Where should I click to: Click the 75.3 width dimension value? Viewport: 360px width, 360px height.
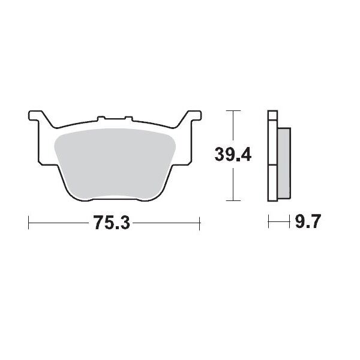pos(112,224)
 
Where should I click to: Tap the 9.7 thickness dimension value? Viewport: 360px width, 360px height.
pos(309,224)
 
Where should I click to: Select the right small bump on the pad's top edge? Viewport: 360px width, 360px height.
pos(127,118)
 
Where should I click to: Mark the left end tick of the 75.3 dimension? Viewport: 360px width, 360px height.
pos(29,224)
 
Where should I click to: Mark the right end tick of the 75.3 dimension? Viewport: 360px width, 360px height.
pos(199,224)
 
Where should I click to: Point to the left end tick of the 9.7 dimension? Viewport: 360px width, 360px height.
pos(268,224)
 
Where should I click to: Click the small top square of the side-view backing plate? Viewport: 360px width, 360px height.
pos(273,116)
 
